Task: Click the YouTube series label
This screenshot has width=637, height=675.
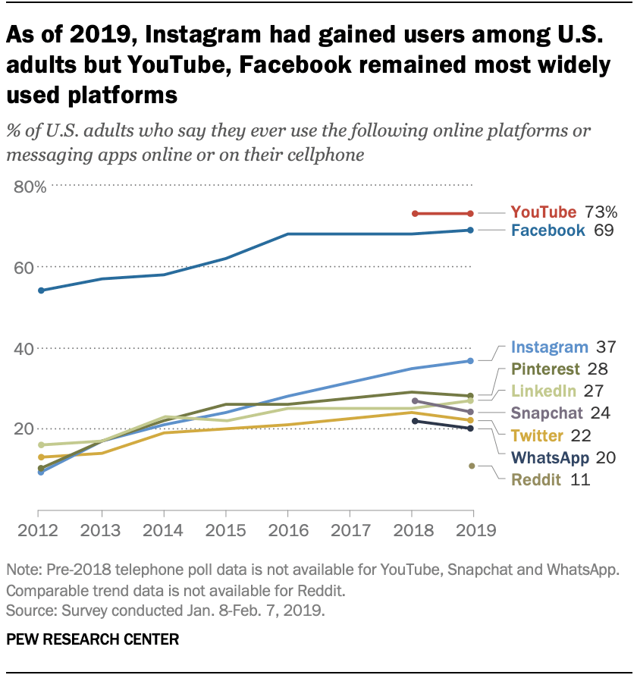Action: point(544,212)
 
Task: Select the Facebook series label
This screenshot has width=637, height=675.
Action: point(548,230)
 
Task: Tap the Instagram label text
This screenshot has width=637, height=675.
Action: point(550,347)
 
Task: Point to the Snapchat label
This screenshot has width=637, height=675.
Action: point(548,413)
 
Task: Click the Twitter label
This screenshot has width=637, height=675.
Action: point(537,435)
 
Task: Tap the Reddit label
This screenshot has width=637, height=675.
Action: point(535,479)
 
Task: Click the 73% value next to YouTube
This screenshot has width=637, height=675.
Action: point(601,212)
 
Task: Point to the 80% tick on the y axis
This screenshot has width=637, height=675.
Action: point(30,187)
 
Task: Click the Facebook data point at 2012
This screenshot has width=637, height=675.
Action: point(41,290)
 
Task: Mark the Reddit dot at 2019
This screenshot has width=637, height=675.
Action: point(471,466)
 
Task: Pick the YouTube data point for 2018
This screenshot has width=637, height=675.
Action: point(414,213)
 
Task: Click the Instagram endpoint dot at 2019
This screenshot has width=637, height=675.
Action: point(471,361)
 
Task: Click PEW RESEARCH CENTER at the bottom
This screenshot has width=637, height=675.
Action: point(93,640)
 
